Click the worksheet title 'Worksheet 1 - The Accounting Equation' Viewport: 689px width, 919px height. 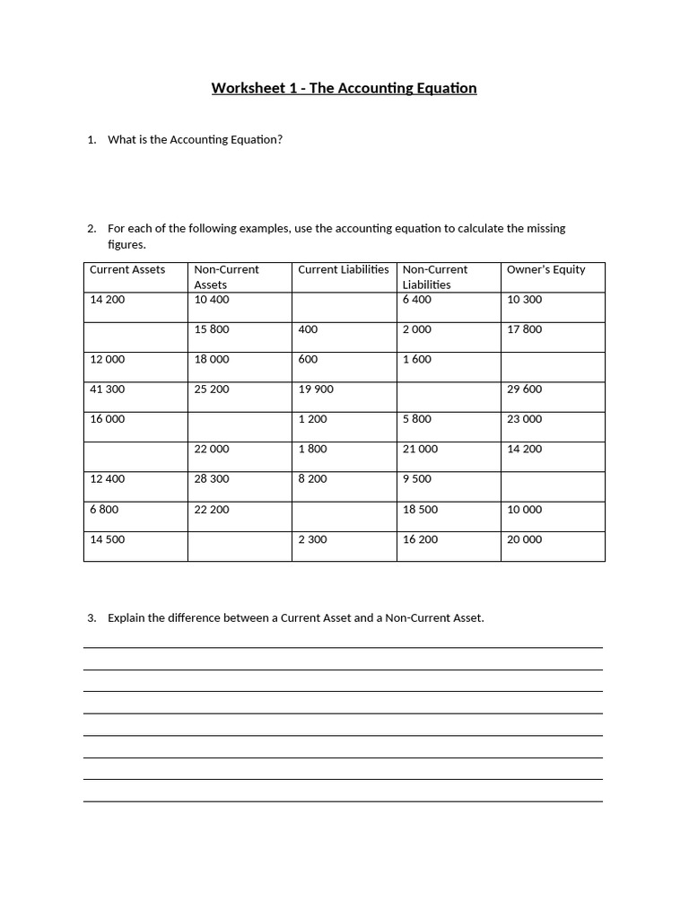pyautogui.click(x=344, y=88)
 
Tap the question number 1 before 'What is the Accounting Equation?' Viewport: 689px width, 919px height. pyautogui.click(x=91, y=140)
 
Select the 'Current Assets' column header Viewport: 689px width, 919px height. pyautogui.click(x=127, y=269)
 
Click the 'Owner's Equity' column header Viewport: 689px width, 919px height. pyautogui.click(x=545, y=269)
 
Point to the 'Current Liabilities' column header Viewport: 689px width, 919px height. pyautogui.click(x=344, y=269)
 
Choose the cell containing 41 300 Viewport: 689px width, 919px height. pyautogui.click(x=108, y=389)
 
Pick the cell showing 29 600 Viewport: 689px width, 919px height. pyautogui.click(x=525, y=389)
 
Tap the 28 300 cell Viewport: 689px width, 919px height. pyautogui.click(x=212, y=479)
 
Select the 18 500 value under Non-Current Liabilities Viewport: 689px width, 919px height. pyautogui.click(x=420, y=510)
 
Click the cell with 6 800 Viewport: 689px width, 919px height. pyautogui.click(x=104, y=510)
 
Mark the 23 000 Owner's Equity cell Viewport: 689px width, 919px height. pyautogui.click(x=525, y=419)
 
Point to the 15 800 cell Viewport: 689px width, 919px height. pyautogui.click(x=212, y=329)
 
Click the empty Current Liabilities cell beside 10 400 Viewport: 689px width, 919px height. pyautogui.click(x=344, y=307)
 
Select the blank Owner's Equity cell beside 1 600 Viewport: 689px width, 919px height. pyautogui.click(x=553, y=367)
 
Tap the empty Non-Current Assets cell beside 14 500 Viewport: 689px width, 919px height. pyautogui.click(x=240, y=547)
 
